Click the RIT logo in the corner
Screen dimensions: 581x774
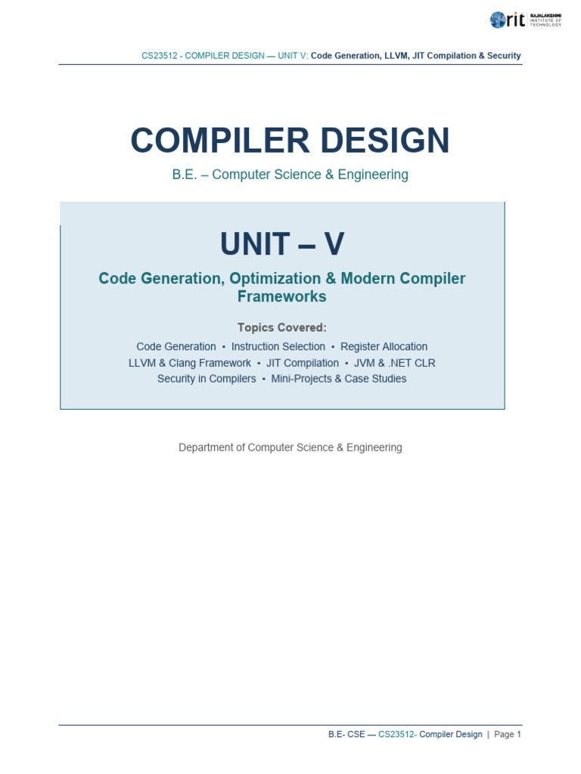[526, 20]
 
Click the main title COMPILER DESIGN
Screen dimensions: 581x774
[290, 140]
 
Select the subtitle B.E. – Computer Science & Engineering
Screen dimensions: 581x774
[290, 175]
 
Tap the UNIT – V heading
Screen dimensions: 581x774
[282, 244]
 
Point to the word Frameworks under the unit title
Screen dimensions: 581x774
[281, 296]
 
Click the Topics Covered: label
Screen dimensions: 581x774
[281, 327]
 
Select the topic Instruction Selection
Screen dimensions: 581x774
[278, 346]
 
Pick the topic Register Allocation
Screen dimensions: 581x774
[384, 346]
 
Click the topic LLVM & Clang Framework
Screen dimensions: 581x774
[190, 364]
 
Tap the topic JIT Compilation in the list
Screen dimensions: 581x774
[303, 364]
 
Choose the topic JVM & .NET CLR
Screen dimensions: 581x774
[395, 364]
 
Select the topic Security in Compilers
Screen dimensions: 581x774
[207, 379]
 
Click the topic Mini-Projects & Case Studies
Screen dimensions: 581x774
[339, 379]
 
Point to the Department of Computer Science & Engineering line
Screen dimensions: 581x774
[290, 447]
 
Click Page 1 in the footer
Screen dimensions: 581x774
[508, 734]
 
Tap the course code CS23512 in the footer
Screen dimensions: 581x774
[396, 734]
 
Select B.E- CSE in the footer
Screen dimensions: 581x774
[346, 734]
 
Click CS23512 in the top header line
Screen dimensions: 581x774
[159, 56]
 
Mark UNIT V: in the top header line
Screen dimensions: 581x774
[293, 56]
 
